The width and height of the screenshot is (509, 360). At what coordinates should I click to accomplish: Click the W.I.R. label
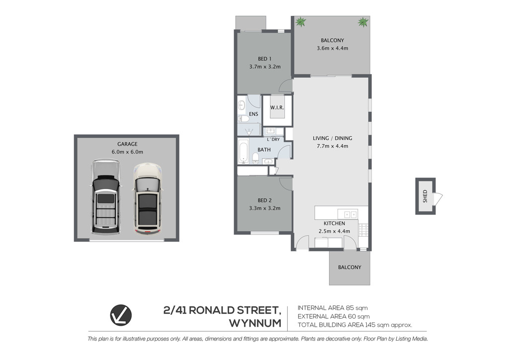[277, 107]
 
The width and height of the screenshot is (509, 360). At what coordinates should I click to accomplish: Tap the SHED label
[425, 196]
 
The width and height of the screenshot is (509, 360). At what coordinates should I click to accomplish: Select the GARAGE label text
[127, 144]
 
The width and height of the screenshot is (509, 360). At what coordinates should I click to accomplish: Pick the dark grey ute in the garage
[105, 197]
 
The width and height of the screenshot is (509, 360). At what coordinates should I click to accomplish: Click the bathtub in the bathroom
[244, 151]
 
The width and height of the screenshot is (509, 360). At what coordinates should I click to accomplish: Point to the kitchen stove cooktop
[363, 230]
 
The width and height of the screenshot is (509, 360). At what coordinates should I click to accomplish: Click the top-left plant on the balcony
[301, 22]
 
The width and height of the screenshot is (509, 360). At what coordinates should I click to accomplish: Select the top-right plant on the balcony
[363, 22]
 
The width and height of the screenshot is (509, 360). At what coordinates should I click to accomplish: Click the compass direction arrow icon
[121, 315]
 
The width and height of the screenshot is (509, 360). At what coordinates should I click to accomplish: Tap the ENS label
[254, 114]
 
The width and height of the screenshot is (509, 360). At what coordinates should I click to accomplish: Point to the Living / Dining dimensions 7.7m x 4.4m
[333, 146]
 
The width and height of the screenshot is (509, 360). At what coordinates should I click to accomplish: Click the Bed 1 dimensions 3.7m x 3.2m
[265, 67]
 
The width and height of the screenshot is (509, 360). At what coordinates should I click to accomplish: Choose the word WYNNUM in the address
[255, 323]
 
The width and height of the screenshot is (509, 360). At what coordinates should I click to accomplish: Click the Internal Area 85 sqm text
[333, 308]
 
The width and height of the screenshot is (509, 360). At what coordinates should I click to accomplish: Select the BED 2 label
[264, 200]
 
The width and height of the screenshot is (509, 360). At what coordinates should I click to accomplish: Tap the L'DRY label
[273, 140]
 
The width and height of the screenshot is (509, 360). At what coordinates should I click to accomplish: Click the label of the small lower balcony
[349, 267]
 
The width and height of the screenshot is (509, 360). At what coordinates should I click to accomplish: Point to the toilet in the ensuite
[244, 119]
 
